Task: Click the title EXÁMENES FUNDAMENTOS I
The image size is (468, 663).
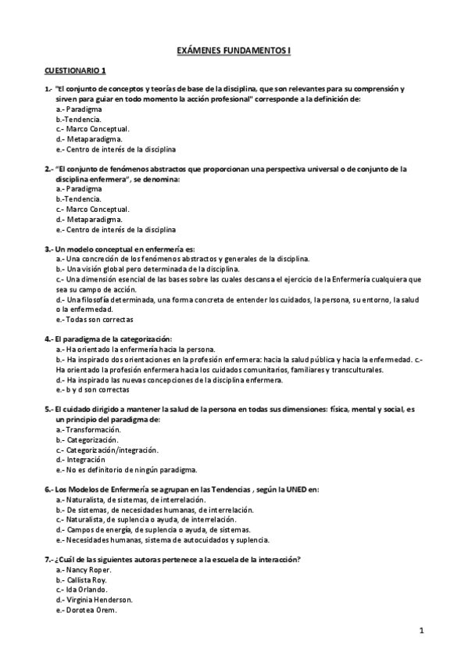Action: pyautogui.click(x=234, y=52)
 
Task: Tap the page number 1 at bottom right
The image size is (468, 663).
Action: pyautogui.click(x=420, y=629)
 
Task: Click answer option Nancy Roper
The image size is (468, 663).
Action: pyautogui.click(x=87, y=571)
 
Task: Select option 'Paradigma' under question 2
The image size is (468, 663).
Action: pyautogui.click(x=84, y=189)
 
